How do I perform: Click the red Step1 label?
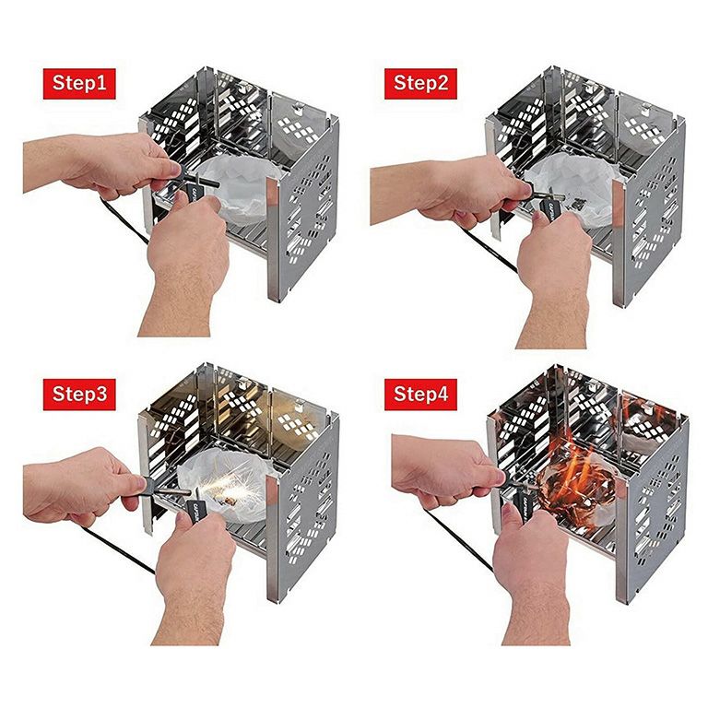tap(79, 84)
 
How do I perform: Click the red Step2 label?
tap(420, 84)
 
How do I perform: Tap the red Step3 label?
tap(79, 395)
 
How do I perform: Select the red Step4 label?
tap(420, 395)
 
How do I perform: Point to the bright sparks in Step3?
tap(226, 490)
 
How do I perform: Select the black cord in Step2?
tap(490, 248)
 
